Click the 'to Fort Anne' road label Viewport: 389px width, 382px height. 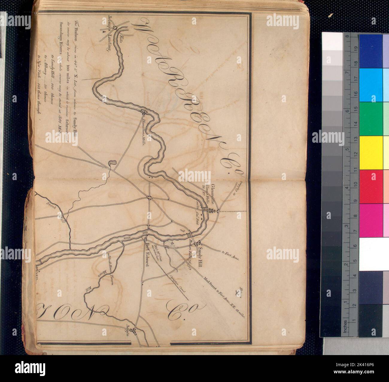tap(230, 256)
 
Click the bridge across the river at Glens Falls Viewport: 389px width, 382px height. tap(205, 208)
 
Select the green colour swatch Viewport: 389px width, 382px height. tap(371, 119)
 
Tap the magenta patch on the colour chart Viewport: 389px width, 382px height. tap(371, 220)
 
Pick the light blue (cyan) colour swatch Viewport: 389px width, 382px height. tap(371, 85)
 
